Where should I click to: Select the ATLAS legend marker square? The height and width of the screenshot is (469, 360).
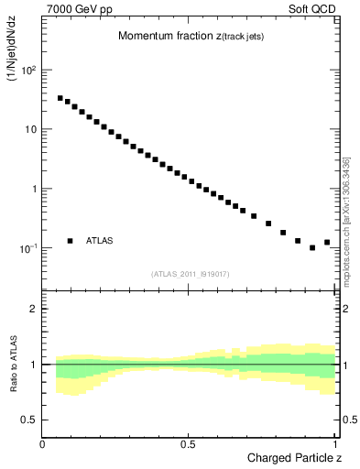(x=70, y=241)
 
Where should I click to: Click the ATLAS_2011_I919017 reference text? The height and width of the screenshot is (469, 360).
(x=190, y=274)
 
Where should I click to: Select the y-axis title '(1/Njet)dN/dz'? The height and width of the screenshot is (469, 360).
(x=13, y=59)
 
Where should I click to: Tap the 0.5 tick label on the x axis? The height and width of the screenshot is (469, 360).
(x=189, y=444)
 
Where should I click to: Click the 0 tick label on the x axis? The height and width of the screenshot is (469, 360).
(x=43, y=444)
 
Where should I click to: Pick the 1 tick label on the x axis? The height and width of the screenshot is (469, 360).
(x=335, y=444)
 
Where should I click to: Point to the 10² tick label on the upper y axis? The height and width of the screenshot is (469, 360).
(x=28, y=70)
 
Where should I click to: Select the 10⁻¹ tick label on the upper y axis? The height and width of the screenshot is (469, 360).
(x=28, y=248)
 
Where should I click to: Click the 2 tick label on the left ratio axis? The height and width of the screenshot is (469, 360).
(x=35, y=309)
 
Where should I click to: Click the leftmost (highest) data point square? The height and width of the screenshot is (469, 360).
(x=60, y=98)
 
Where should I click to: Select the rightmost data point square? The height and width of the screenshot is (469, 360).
(x=327, y=243)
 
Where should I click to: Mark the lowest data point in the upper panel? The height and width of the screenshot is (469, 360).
(x=312, y=247)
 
